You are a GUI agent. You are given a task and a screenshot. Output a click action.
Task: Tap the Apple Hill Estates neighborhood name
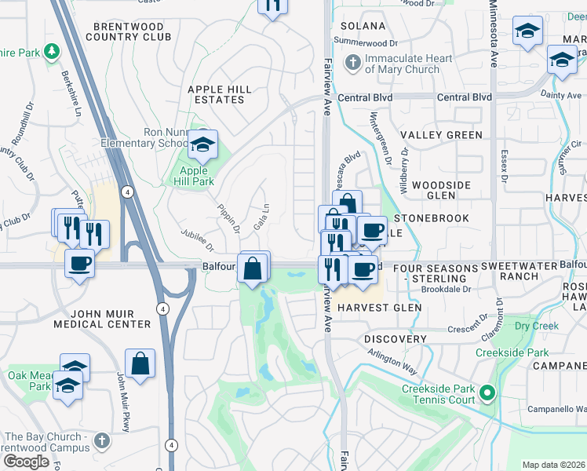coord(220,95)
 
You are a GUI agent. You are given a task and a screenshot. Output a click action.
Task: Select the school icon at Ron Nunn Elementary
coord(202,144)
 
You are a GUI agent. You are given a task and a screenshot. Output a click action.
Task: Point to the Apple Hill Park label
coord(193,176)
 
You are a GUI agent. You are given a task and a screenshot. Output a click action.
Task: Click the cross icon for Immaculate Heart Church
coord(353,62)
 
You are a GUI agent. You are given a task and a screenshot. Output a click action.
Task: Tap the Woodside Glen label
coord(441,190)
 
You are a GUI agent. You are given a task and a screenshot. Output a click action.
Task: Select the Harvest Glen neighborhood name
coord(374,308)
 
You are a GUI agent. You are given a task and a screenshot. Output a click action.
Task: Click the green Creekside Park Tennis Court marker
coord(487,392)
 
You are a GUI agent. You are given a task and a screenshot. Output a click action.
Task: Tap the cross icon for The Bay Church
coord(101,441)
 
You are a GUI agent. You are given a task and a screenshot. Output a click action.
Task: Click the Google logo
coord(26,462)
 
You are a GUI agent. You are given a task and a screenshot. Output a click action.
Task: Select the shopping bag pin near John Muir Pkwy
coord(140,364)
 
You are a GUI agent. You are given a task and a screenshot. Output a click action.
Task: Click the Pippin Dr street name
coord(229,219)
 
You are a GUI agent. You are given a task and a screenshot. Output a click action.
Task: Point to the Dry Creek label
coord(536,325)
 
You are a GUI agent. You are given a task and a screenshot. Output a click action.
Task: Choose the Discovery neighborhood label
coord(395,339)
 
